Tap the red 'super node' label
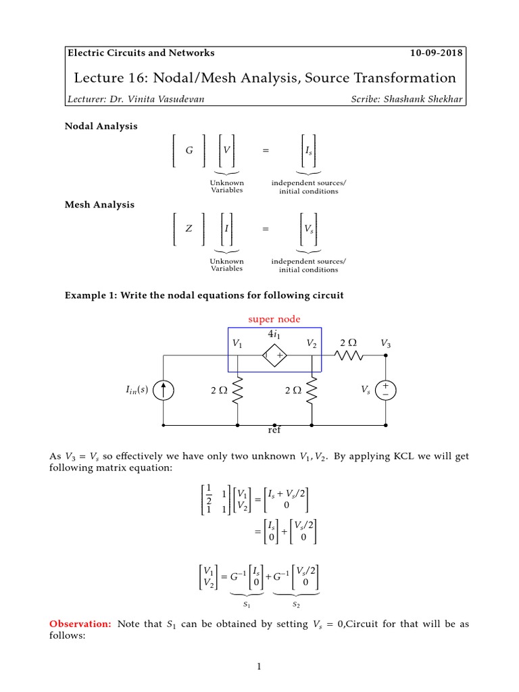pyautogui.click(x=275, y=319)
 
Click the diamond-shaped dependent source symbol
pyautogui.click(x=275, y=355)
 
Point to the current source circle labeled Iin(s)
pyautogui.click(x=163, y=391)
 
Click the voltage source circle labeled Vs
pyautogui.click(x=386, y=390)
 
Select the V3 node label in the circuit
pyautogui.click(x=385, y=344)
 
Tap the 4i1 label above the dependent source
pyautogui.click(x=275, y=333)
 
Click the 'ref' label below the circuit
pyautogui.click(x=274, y=430)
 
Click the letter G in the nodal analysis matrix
pyautogui.click(x=189, y=151)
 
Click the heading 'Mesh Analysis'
pyautogui.click(x=99, y=205)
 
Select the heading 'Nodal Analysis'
pyautogui.click(x=101, y=126)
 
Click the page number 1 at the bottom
pyautogui.click(x=259, y=668)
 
